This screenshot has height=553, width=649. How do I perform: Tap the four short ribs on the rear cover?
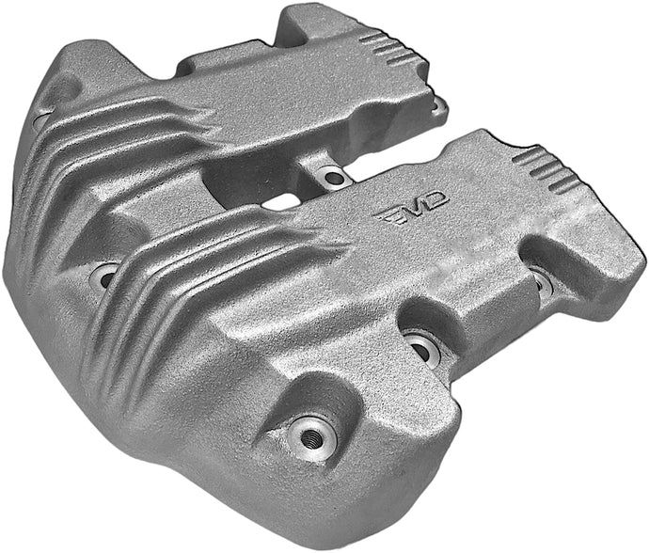point(380,42)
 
